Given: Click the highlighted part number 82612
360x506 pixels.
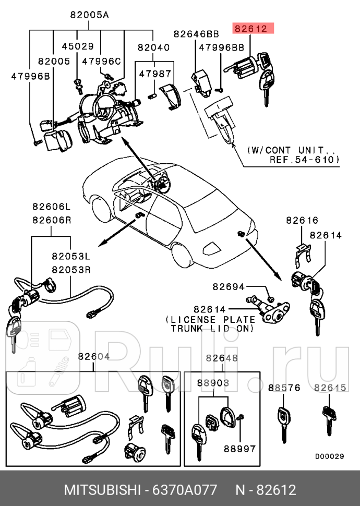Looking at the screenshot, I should (250, 29).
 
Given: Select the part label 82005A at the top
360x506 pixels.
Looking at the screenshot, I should (89, 15).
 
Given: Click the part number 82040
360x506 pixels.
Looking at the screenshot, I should (153, 47).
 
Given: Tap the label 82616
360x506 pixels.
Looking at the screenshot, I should (302, 221).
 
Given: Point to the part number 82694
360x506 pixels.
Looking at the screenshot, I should (228, 287).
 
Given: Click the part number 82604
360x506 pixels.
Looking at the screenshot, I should (94, 357).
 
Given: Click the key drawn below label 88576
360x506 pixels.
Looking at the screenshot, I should (282, 423).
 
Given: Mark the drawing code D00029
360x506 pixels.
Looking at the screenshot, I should (329, 456).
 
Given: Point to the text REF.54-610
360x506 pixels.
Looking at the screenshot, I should (304, 159).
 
